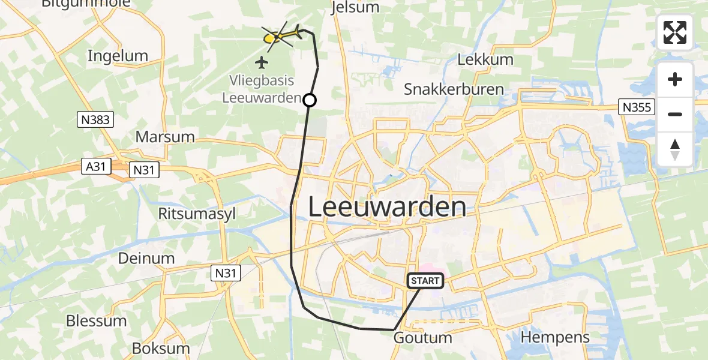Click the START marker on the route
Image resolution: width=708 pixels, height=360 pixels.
(425, 280)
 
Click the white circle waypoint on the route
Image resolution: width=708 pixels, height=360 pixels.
(310, 100)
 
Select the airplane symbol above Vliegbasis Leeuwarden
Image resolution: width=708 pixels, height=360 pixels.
(262, 61)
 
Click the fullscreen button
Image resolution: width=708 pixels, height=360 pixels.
(675, 32)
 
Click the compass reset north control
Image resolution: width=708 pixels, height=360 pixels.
(675, 149)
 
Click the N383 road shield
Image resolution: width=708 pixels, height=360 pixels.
(95, 120)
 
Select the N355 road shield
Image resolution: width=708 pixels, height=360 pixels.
(637, 107)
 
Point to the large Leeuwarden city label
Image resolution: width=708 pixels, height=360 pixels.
(387, 207)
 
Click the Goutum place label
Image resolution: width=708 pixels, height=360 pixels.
(422, 338)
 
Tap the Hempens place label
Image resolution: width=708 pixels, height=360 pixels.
(555, 337)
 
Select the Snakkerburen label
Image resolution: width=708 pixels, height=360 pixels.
(454, 89)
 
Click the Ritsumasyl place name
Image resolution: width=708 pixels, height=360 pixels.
(197, 214)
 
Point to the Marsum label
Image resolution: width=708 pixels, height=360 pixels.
(165, 137)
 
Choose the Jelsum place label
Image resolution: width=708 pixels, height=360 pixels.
(356, 7)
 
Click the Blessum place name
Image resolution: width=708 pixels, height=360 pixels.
(96, 321)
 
